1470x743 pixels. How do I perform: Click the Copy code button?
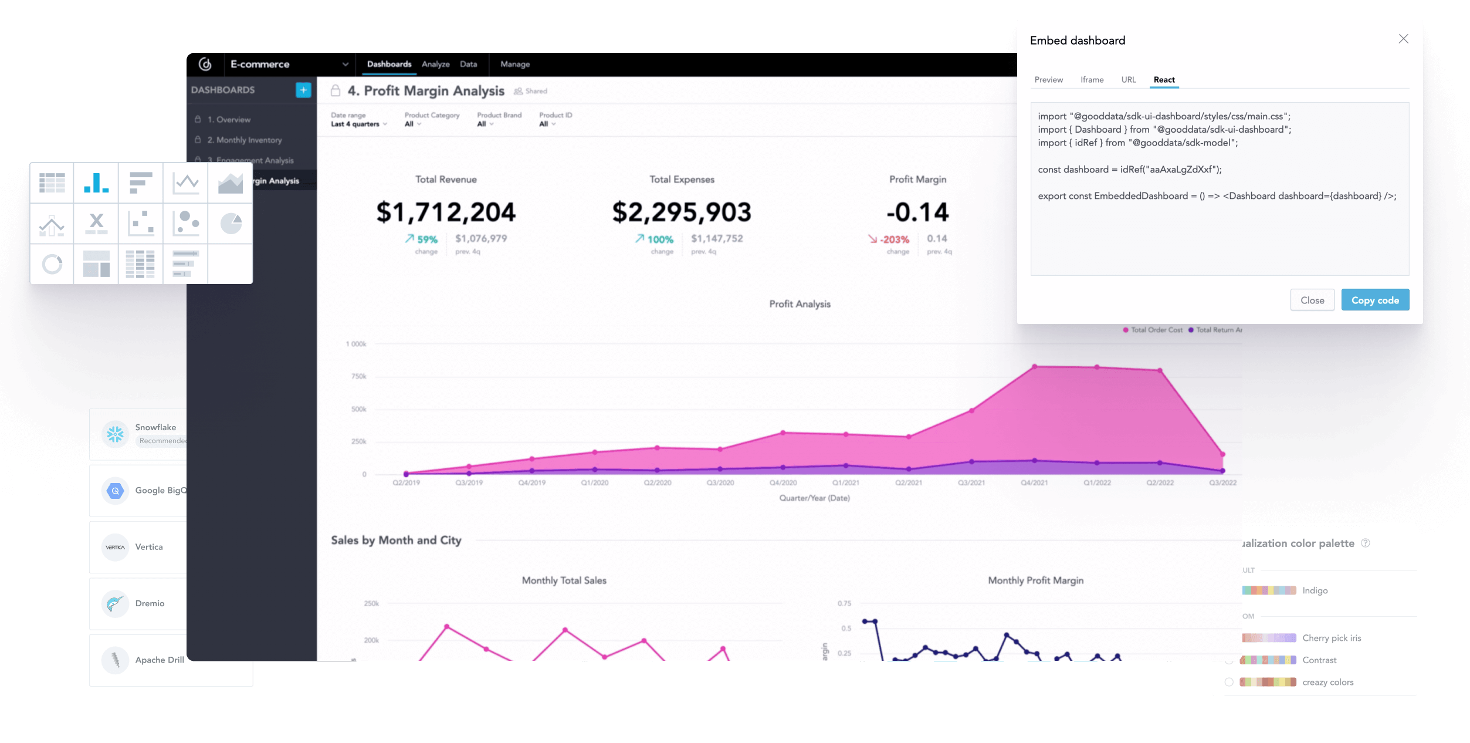[1374, 300]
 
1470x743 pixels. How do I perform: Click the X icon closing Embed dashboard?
[1403, 39]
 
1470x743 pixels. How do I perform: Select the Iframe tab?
[1092, 80]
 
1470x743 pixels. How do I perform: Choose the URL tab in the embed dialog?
[1128, 80]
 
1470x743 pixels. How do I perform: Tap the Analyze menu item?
[435, 64]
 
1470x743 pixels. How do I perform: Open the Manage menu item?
[514, 64]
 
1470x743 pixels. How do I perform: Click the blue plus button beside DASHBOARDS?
[303, 90]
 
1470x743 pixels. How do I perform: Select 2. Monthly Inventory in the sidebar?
[244, 140]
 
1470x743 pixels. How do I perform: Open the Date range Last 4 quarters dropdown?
[358, 124]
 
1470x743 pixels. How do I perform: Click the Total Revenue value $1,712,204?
[446, 212]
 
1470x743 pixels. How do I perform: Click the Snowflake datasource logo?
[115, 434]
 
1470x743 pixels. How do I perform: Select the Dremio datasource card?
[138, 603]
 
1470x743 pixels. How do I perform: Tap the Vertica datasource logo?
[115, 547]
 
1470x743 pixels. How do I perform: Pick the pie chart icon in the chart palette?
[231, 223]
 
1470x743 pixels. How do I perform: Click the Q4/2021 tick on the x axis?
[1034, 483]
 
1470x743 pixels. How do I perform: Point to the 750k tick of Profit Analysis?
[358, 376]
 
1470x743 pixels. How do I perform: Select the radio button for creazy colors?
[1228, 682]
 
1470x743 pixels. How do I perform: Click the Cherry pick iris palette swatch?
[1269, 638]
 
